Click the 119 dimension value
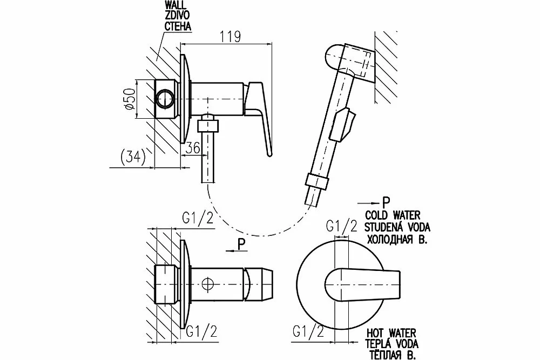coord(231,37)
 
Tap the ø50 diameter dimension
coord(129,99)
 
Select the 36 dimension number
coord(193,148)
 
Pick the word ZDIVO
coord(177,16)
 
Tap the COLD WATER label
coord(393,215)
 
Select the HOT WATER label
coord(391,333)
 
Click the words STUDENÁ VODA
coord(397,227)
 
